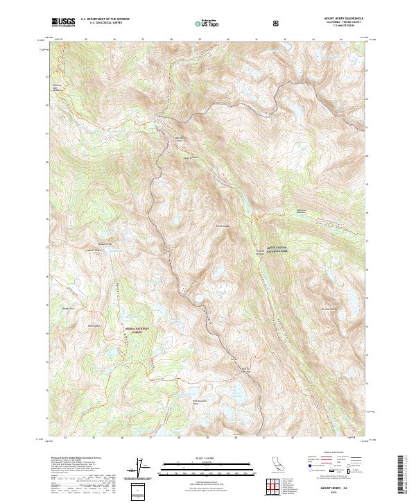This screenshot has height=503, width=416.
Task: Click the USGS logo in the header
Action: coord(63,23)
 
